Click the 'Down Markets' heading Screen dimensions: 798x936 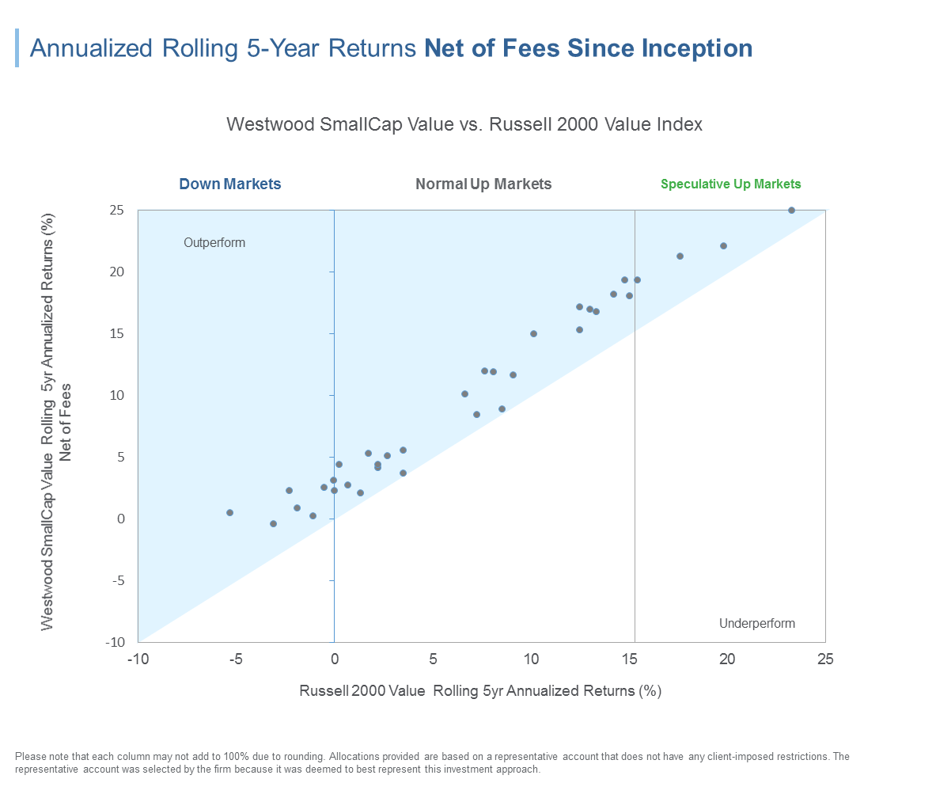pos(229,184)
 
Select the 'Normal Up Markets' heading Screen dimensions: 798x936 pos(483,184)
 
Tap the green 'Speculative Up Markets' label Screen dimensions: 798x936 pos(730,184)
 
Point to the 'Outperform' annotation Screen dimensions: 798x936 pos(214,243)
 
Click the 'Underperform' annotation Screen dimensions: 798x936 pos(756,624)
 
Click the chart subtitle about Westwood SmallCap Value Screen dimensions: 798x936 pos(464,125)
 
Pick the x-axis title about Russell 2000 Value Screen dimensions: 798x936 pos(479,691)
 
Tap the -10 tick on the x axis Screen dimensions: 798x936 pos(138,659)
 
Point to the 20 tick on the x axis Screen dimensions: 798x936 pos(727,659)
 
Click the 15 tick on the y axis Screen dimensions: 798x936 pos(117,333)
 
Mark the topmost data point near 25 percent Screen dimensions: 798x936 pos(791,211)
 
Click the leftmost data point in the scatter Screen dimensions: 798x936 pos(229,513)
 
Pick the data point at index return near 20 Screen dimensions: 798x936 pos(723,246)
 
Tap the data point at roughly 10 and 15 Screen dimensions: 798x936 pos(533,334)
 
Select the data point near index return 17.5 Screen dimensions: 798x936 pos(680,256)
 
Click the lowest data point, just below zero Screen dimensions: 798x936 pos(273,524)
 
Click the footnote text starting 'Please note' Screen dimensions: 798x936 pos(431,763)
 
